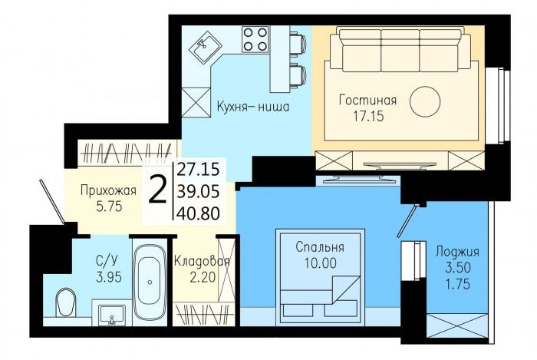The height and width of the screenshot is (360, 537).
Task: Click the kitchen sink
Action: coord(203,48)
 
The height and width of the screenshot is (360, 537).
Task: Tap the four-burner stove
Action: coord(255,39)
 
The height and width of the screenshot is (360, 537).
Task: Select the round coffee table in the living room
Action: coord(425,101)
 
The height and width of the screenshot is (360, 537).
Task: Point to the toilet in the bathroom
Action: coord(65,302)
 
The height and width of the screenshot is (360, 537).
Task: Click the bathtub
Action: coord(150,282)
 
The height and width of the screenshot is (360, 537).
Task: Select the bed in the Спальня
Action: coord(320,276)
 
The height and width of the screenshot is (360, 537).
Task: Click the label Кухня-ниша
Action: coord(253,107)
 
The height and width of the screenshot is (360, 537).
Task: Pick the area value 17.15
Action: coord(368,117)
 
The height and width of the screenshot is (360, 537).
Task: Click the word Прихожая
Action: coord(108,190)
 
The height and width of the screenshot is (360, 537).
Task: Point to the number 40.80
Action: coord(198,213)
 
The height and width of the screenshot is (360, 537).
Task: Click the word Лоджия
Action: coord(457,252)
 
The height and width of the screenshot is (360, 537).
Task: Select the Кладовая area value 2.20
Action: coord(203,277)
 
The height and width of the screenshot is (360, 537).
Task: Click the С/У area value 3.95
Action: coord(109,277)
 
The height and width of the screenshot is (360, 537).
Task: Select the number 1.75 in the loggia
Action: coord(457,284)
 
